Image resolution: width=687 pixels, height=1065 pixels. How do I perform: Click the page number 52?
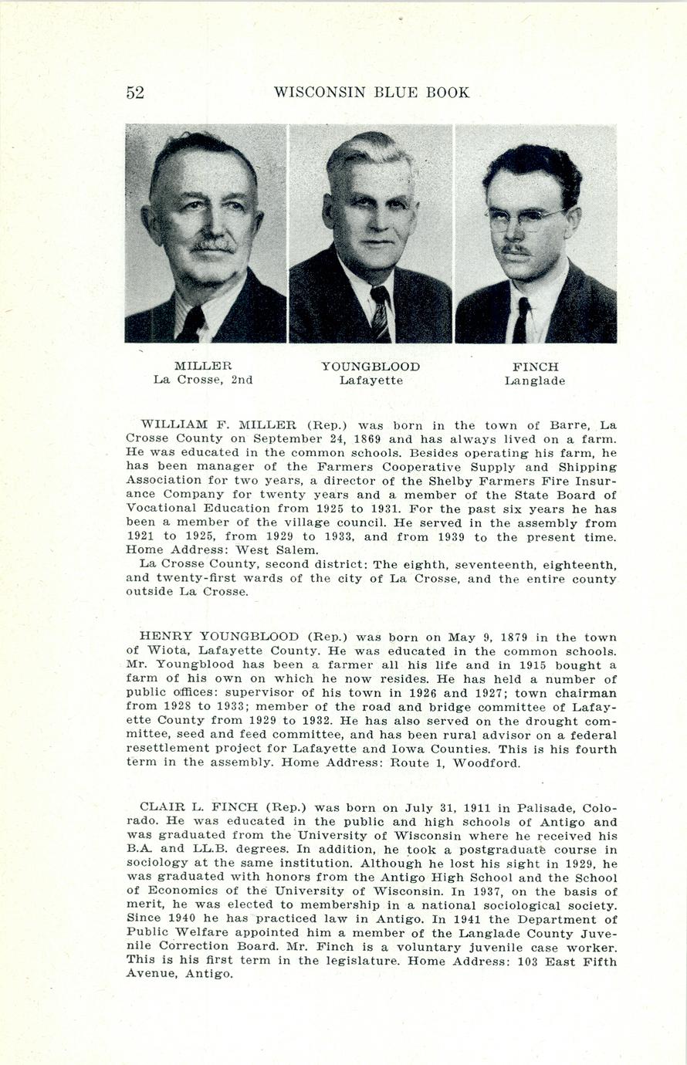point(135,93)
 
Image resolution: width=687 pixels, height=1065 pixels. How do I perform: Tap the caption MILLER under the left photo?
point(203,366)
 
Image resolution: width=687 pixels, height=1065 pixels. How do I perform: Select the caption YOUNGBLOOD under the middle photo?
point(371,366)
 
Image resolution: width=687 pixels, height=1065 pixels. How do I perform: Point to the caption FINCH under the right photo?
point(535,367)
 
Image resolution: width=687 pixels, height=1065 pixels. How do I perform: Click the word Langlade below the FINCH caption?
point(535,380)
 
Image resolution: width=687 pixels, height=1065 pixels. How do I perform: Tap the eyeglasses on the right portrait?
point(526,219)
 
